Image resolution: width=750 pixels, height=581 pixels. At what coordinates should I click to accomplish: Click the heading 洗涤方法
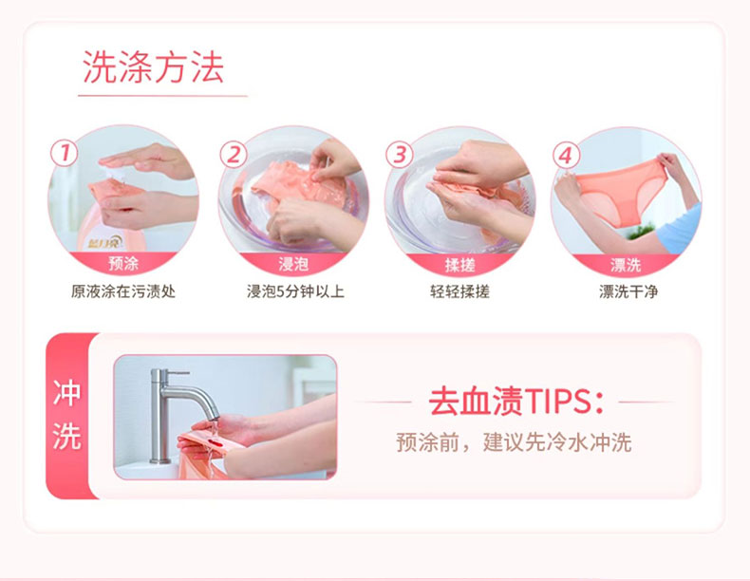point(153,67)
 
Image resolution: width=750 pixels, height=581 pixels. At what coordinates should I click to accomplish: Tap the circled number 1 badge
point(65,153)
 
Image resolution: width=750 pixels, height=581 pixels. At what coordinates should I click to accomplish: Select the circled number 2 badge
point(234,155)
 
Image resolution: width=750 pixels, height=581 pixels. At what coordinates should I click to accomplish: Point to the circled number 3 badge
point(400,155)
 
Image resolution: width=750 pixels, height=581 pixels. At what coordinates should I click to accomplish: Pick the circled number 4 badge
point(566,156)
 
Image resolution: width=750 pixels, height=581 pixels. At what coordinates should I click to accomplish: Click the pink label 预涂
point(123,264)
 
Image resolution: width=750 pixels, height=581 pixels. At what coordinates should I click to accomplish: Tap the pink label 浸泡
point(293,264)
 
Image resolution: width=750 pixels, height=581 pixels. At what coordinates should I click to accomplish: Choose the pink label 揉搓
point(459,265)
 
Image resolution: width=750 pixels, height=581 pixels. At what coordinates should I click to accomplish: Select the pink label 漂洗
point(626,265)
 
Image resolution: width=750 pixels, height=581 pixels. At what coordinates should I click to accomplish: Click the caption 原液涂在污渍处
point(123,291)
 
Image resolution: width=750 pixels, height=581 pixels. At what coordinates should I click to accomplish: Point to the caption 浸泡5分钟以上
point(295,291)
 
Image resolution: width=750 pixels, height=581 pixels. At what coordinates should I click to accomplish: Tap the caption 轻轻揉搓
point(459,291)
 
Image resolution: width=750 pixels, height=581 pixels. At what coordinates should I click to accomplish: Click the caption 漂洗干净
point(628,291)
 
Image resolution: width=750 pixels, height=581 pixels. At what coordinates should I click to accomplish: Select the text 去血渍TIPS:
point(516,402)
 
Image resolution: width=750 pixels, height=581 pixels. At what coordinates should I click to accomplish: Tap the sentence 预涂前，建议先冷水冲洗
point(515,442)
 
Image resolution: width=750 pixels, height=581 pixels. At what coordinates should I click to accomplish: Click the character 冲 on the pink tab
point(67,394)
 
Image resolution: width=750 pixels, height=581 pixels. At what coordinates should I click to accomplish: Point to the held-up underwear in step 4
point(622,191)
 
